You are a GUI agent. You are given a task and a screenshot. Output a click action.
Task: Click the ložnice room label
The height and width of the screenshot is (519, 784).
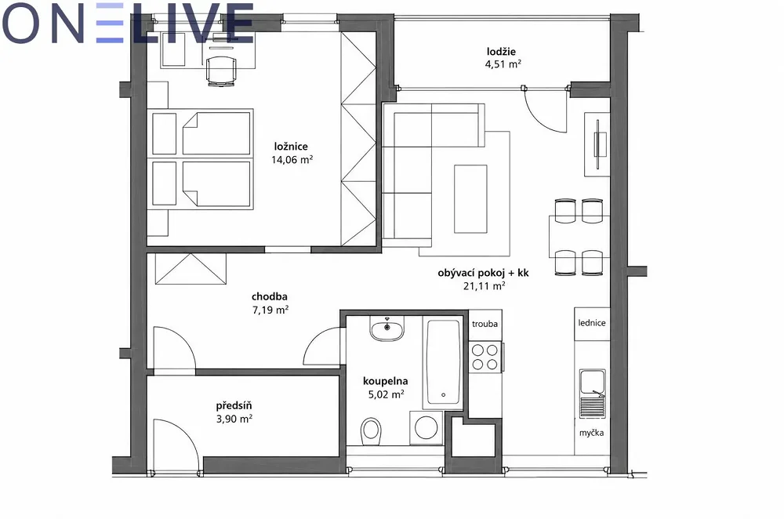(x=291, y=147)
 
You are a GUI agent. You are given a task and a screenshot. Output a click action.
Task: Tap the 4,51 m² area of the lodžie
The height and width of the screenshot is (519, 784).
(x=503, y=64)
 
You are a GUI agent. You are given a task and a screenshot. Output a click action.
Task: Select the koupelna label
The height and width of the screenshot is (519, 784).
(x=385, y=382)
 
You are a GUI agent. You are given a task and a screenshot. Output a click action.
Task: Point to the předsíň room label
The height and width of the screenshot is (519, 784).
(x=234, y=405)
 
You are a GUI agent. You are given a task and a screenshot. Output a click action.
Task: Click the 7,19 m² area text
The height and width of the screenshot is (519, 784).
(x=270, y=310)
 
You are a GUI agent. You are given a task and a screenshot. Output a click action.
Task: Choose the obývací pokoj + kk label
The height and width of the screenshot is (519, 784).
(x=483, y=273)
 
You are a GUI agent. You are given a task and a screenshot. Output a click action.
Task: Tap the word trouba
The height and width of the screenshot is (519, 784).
(x=485, y=324)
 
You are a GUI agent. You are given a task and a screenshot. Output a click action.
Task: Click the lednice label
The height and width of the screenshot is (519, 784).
(x=591, y=323)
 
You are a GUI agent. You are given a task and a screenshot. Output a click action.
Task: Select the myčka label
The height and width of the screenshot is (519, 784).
(x=591, y=433)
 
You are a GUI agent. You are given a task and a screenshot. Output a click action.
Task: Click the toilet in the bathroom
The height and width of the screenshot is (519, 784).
(x=371, y=430)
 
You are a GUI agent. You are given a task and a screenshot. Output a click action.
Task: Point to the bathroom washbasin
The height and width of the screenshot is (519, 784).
(x=387, y=328)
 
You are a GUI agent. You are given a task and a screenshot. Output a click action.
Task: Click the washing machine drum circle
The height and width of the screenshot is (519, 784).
(x=426, y=427)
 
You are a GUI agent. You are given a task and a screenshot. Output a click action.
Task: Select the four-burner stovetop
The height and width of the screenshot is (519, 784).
(x=485, y=357)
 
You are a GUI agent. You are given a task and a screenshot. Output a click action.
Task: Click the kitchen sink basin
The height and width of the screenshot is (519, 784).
(x=592, y=382)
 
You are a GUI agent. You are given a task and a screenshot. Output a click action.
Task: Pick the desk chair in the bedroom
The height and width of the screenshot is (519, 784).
(x=221, y=71)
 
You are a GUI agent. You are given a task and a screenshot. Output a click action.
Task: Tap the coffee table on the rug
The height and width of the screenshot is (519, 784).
(x=470, y=199)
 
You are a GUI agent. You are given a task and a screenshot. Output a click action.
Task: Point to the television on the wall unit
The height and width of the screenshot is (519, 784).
(x=598, y=145)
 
